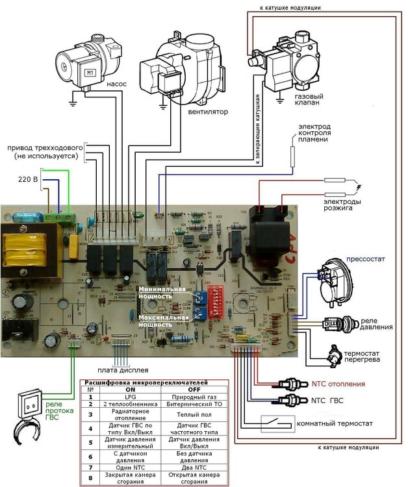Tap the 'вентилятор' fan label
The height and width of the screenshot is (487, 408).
pos(208,111)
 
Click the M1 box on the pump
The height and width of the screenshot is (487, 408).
pos(90,73)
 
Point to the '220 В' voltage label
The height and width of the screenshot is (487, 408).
pos(26,178)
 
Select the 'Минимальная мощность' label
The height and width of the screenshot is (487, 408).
pos(155,292)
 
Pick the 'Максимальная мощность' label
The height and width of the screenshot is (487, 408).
pos(163,320)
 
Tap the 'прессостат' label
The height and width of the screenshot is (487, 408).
pos(365,259)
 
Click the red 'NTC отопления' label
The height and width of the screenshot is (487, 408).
pos(338,384)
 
